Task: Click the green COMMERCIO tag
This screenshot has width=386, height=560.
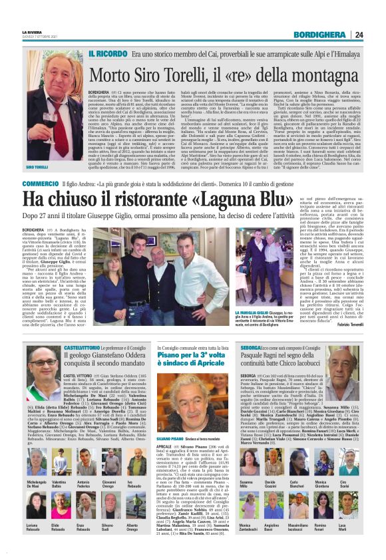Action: pos(40,183)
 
